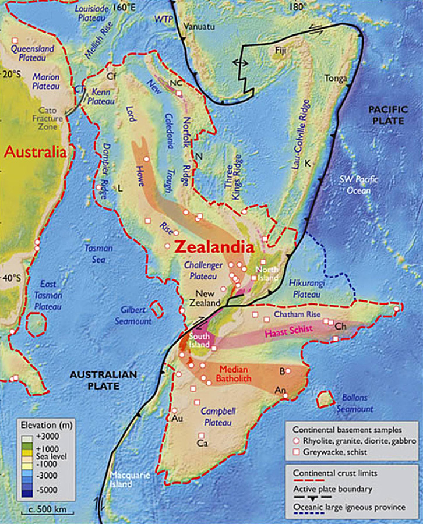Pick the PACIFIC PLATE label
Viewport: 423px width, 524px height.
(386, 115)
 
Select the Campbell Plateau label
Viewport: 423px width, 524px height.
(218, 416)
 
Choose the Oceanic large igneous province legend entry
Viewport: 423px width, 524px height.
(349, 507)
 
